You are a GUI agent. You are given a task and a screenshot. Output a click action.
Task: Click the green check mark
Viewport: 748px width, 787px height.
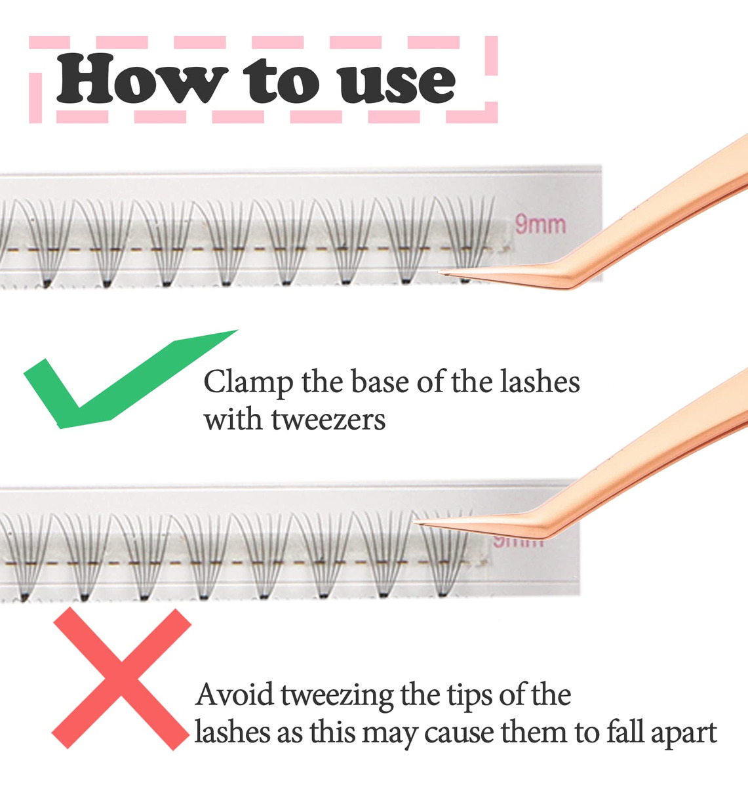[x=131, y=379]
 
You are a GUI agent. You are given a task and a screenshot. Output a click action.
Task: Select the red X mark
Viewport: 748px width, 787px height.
[x=121, y=678]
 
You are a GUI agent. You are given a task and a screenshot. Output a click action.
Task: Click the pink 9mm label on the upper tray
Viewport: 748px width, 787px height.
[x=540, y=224]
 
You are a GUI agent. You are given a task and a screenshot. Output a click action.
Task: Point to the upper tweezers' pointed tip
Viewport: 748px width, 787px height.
[x=439, y=272]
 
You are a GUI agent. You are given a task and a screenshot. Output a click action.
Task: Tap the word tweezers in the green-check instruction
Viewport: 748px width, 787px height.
[x=328, y=421]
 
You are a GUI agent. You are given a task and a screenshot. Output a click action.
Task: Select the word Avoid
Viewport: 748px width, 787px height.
[x=235, y=695]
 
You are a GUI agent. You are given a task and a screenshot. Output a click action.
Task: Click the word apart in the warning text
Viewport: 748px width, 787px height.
[x=684, y=734]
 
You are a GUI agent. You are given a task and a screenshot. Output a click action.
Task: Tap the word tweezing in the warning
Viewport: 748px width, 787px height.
[x=338, y=696]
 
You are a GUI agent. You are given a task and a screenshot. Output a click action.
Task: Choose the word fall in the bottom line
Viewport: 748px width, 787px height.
[x=625, y=731]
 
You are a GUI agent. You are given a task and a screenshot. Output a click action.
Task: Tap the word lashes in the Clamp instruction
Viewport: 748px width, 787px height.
[x=540, y=382]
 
